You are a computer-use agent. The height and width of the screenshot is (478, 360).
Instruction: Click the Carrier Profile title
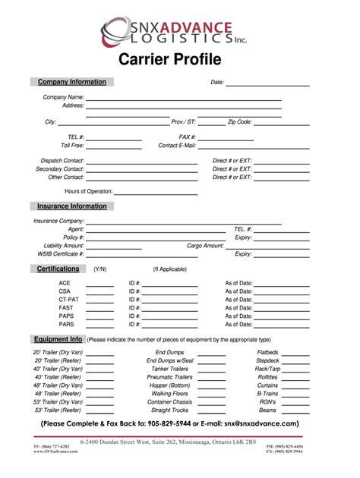click(x=179, y=59)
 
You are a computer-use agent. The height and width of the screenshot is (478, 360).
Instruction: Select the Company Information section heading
click(x=72, y=82)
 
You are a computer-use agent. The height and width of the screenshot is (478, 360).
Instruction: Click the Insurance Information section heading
click(x=72, y=206)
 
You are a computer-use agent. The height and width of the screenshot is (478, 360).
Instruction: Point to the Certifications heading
click(x=58, y=269)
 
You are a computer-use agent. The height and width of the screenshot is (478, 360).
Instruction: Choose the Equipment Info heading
click(x=58, y=339)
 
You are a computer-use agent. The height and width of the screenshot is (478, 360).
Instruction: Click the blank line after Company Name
click(x=183, y=99)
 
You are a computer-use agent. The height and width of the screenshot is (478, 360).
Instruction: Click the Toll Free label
click(x=72, y=145)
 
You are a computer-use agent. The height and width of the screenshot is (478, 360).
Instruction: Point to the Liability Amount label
click(x=64, y=246)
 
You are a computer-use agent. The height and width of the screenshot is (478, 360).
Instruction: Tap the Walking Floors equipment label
click(x=170, y=394)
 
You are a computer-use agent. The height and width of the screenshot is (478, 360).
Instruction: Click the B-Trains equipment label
click(x=268, y=394)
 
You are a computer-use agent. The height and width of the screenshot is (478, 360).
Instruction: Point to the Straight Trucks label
click(x=170, y=410)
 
